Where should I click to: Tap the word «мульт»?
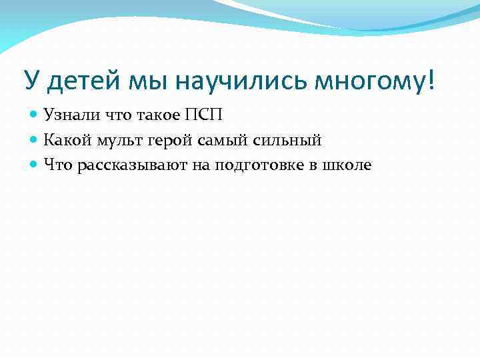pos(109,140)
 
